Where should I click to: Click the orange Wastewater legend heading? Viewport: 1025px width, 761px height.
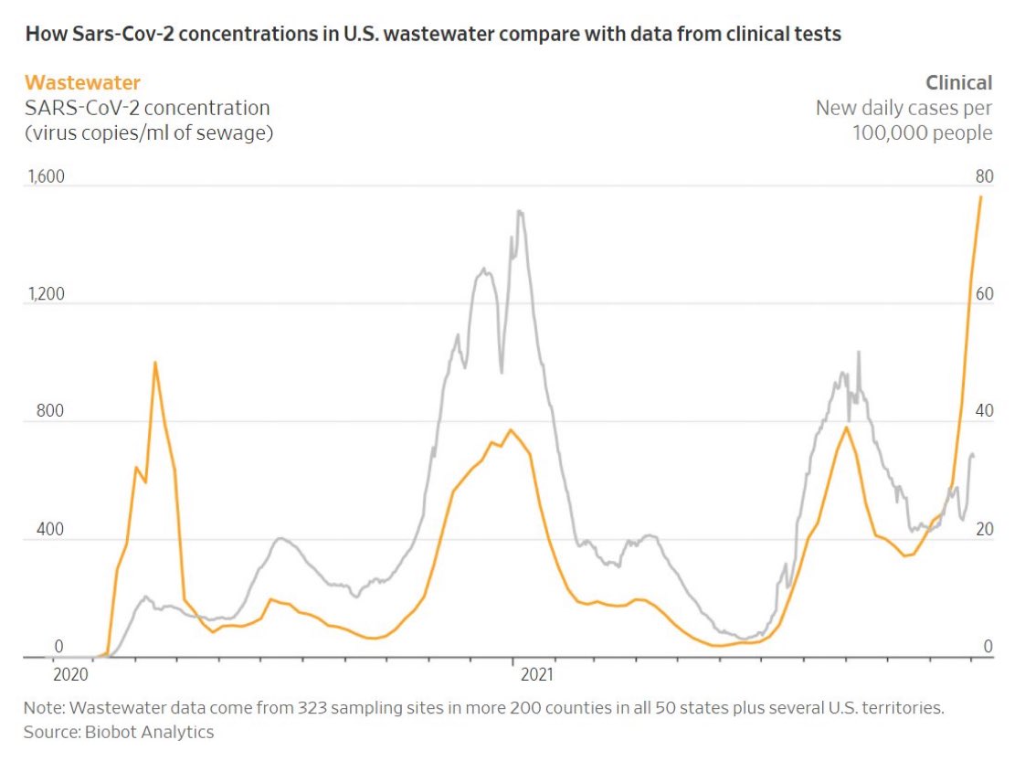[83, 83]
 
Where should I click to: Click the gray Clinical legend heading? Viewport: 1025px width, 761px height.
[958, 83]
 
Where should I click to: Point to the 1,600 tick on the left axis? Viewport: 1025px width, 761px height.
[45, 176]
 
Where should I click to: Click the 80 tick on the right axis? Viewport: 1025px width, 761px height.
[983, 176]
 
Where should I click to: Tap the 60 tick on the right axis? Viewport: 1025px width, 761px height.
[983, 294]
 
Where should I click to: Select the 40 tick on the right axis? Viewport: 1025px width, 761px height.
[983, 411]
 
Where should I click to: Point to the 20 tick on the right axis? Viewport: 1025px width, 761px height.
[983, 530]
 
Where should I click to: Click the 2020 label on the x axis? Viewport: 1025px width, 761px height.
[70, 676]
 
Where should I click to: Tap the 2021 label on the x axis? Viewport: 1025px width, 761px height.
[537, 676]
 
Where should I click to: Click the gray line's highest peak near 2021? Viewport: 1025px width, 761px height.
[520, 212]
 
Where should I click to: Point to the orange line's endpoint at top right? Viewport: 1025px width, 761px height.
[981, 196]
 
